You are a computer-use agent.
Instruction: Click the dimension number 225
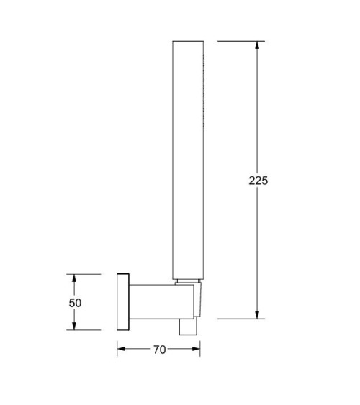tap(258, 181)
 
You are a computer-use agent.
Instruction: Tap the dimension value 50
tap(75, 303)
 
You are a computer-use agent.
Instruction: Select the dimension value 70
tap(159, 350)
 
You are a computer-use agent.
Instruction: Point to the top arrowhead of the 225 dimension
tap(257, 45)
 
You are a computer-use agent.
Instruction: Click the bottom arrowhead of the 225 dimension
tap(257, 314)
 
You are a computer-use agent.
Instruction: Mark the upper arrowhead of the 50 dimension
tap(74, 278)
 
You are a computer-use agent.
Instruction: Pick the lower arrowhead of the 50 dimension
tap(74, 326)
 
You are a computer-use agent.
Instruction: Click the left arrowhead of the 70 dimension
tap(121, 349)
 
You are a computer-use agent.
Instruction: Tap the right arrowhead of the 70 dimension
tap(196, 349)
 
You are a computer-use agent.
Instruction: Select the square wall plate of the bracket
tap(123, 302)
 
